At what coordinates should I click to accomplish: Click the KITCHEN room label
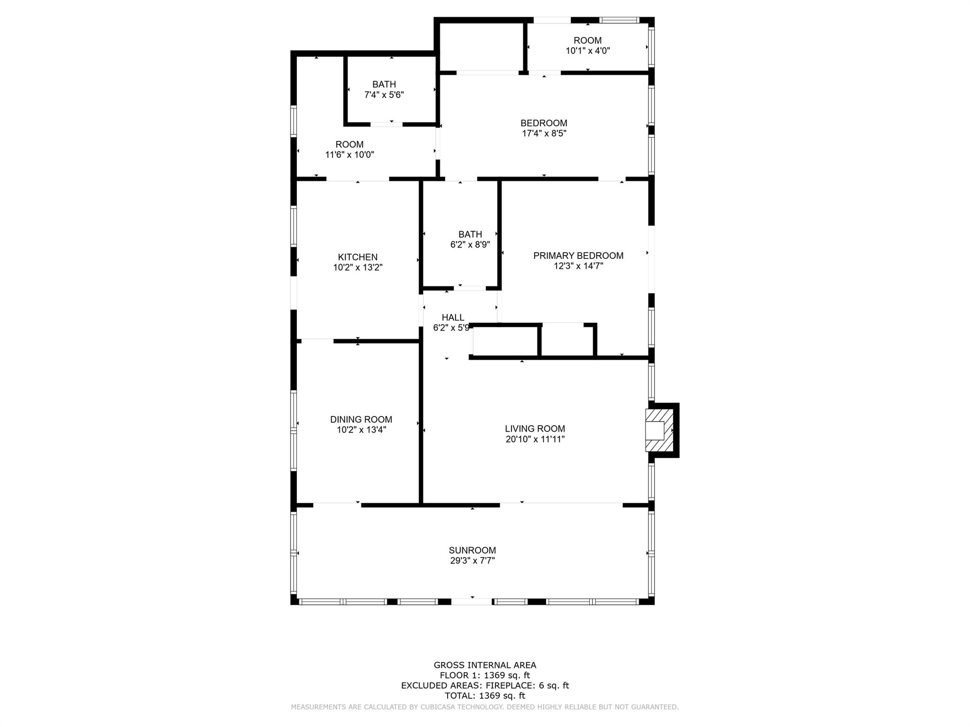click(358, 257)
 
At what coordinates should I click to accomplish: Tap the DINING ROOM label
click(361, 419)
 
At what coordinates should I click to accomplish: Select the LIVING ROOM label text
click(535, 429)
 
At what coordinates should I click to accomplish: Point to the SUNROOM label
click(472, 550)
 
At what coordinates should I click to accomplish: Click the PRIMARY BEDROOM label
click(578, 256)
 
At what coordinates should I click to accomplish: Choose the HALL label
click(453, 318)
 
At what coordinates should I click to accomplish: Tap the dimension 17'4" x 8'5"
click(544, 133)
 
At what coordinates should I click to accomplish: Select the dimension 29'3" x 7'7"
click(472, 561)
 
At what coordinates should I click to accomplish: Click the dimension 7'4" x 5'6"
click(384, 95)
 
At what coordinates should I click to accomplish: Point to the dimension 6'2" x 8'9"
click(470, 245)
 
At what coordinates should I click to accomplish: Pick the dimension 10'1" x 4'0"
click(588, 51)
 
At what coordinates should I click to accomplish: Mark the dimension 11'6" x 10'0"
click(350, 155)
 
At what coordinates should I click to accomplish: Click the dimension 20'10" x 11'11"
click(535, 439)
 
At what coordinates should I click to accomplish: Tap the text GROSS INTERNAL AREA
click(485, 665)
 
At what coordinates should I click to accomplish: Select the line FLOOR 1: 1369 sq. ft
click(485, 676)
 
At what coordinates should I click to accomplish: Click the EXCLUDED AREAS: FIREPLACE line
click(485, 686)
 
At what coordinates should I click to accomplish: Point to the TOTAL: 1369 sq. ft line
click(485, 696)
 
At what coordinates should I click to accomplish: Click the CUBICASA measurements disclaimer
click(485, 707)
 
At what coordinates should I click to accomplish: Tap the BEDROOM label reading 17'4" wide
click(544, 123)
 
